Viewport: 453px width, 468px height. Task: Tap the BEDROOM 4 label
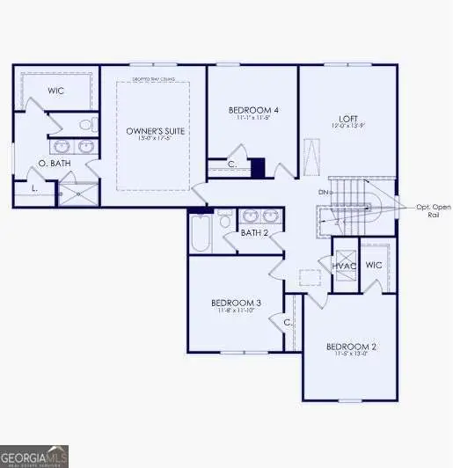click(253, 110)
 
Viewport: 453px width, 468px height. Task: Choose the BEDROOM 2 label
click(350, 347)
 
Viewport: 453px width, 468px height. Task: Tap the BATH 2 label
click(254, 233)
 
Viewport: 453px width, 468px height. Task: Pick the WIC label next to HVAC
click(373, 264)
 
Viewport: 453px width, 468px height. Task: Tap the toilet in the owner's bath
click(84, 124)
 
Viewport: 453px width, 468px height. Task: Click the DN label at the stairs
click(324, 192)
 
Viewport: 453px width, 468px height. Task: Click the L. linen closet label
click(33, 188)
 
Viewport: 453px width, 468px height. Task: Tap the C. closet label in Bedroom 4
click(232, 165)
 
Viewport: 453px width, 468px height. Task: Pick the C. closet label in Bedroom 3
click(287, 322)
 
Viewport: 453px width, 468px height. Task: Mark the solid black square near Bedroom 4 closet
click(258, 167)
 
